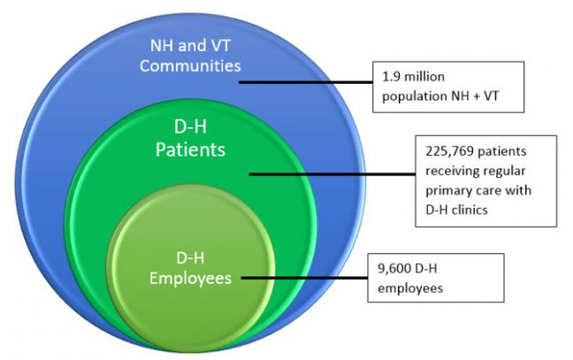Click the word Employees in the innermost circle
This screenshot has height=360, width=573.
190,278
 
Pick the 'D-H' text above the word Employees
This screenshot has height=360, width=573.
189,259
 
